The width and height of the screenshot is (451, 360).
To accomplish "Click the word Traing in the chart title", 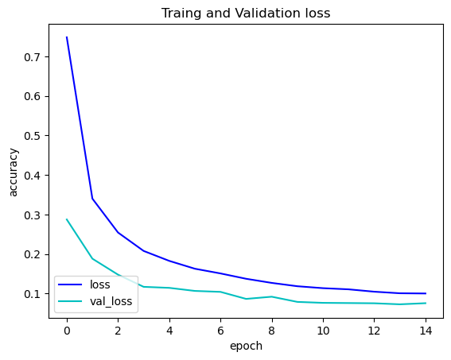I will pos(179,13).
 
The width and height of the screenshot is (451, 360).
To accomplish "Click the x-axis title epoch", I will pos(246,346).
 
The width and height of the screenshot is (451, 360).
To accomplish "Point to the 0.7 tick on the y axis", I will pos(32,57).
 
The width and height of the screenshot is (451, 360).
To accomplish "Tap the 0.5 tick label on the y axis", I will pos(32,136).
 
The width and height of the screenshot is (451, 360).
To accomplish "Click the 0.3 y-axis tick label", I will pos(32,215).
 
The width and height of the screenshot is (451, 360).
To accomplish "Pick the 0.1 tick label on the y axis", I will pos(32,294).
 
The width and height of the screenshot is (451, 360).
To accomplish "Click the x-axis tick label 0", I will pos(67,331).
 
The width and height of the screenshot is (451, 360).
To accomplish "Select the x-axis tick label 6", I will pos(220,331).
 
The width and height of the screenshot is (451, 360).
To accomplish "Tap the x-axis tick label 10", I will pos(323,331).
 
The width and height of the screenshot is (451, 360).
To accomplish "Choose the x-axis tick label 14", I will pos(426,331).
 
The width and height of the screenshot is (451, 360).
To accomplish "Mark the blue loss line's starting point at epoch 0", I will pos(67,37).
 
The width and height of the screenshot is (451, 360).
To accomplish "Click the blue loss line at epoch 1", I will pos(92,199).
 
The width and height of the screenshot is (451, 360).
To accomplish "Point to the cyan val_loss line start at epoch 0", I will pos(67,219).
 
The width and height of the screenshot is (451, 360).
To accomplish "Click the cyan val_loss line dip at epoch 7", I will pos(246,299).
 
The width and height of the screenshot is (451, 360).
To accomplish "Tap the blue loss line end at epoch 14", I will pos(426,293).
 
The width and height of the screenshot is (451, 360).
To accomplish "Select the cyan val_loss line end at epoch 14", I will pos(426,303).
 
